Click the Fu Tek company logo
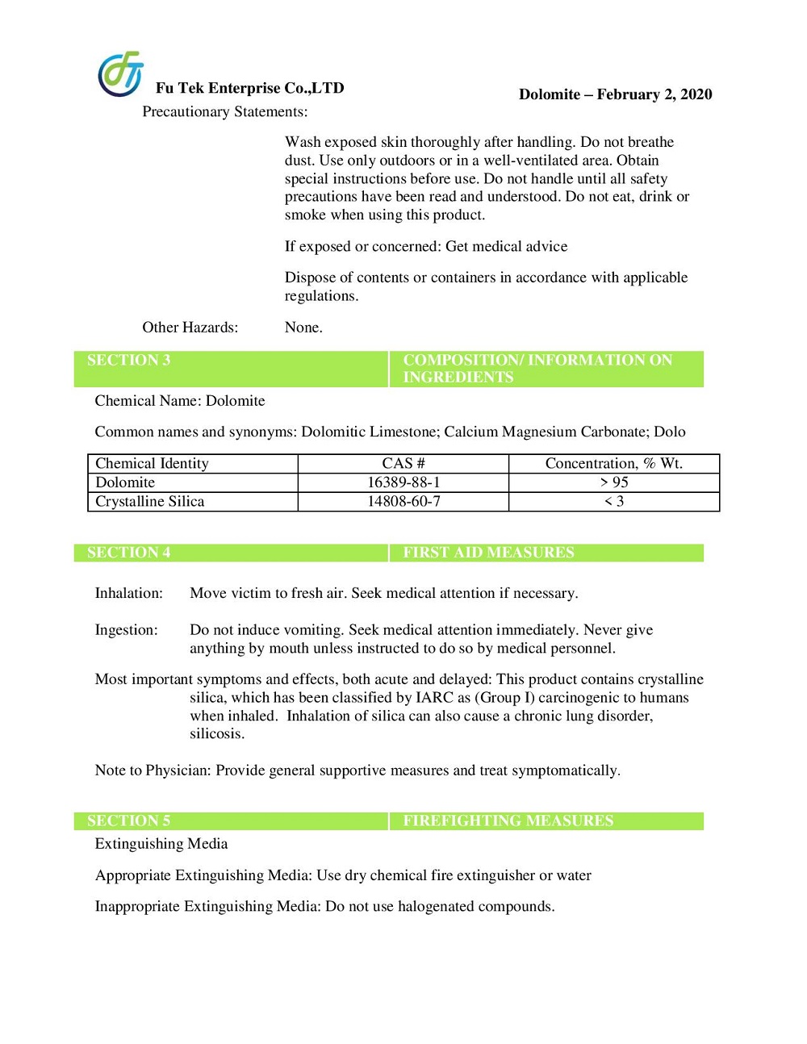pos(120,73)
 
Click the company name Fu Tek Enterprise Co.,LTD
pos(249,88)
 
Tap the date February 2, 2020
pos(654,94)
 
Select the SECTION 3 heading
pos(128,361)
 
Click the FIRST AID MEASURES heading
pos(488,553)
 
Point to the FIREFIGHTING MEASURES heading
pos(508,821)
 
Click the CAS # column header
pos(403,463)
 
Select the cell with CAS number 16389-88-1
pos(403,482)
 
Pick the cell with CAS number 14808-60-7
pos(403,502)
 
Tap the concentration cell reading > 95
pos(613,482)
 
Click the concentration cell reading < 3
pos(613,502)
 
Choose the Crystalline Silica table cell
pos(150,502)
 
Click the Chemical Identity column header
pos(152,463)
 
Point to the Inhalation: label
pos(128,593)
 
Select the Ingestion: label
pos(126,630)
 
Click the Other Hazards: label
pos(190,328)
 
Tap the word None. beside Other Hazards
pos(303,328)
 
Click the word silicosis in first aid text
pos(216,734)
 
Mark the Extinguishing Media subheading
pos(161,844)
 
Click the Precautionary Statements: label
pos(224,112)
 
